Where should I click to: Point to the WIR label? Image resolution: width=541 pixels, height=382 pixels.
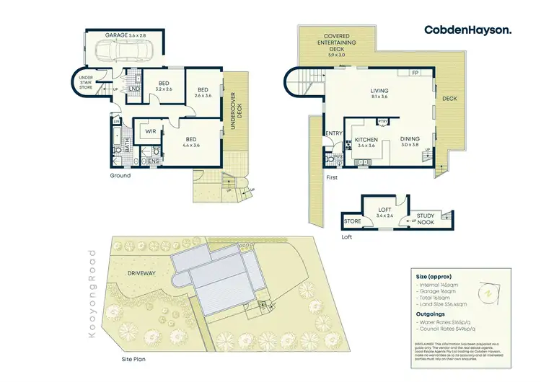tap(151, 132)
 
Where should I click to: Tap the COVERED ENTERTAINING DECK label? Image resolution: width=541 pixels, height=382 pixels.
tap(337, 45)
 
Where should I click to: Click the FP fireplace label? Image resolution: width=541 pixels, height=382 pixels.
tap(415, 73)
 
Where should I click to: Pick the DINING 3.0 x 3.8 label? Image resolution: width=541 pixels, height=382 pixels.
tap(410, 142)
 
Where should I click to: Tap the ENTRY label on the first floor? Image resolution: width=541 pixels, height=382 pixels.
tap(334, 133)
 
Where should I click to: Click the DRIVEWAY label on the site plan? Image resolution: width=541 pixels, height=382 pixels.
tap(141, 273)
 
